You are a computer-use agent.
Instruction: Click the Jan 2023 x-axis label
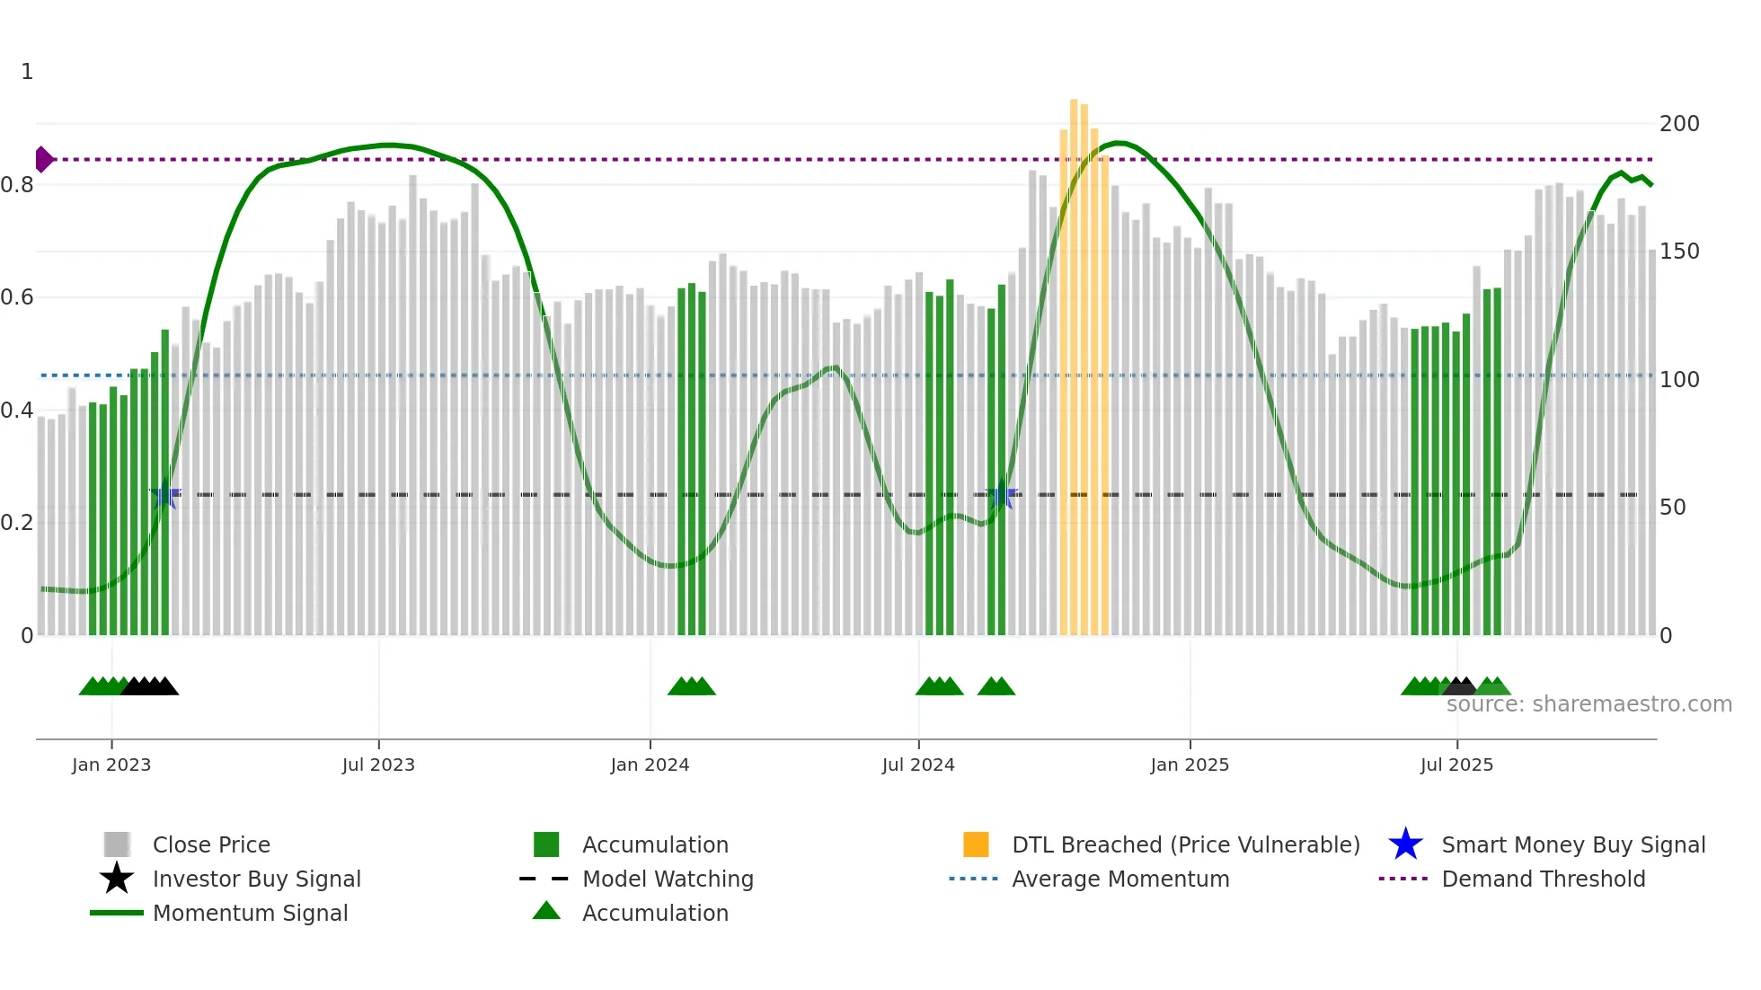(x=111, y=765)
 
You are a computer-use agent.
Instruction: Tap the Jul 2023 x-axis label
(x=378, y=765)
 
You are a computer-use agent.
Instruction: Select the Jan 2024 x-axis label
(x=650, y=765)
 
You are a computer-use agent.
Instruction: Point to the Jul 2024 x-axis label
(x=918, y=765)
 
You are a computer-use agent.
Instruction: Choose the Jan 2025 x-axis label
(x=1190, y=765)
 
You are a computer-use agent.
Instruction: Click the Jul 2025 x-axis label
(x=1456, y=765)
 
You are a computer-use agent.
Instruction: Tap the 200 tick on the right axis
(x=1679, y=124)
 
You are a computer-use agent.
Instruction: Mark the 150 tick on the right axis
(x=1679, y=252)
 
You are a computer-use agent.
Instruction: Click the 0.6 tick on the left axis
(x=17, y=297)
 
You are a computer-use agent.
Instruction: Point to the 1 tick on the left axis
(x=27, y=72)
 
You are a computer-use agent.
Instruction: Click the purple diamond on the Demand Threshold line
(x=43, y=159)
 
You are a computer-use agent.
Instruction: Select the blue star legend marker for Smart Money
(x=1405, y=844)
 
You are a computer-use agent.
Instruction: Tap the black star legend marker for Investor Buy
(x=117, y=879)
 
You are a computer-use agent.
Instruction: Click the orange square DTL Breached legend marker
(x=976, y=844)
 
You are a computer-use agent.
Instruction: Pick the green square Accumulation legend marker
(x=546, y=844)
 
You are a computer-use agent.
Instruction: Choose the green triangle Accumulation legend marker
(x=546, y=911)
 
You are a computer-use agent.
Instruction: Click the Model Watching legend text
(x=668, y=879)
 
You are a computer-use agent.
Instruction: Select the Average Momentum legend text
(x=1120, y=879)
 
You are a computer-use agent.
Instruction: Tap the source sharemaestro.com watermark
(x=1588, y=704)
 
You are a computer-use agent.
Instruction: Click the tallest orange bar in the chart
(x=1074, y=359)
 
